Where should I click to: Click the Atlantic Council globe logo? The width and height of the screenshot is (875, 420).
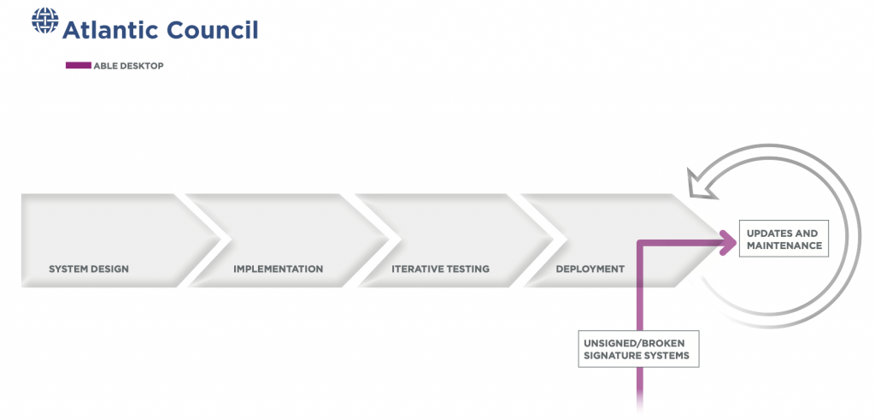click(x=45, y=21)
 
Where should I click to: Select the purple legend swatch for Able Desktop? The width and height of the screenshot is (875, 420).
click(x=78, y=65)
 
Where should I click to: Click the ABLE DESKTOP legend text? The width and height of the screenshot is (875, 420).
click(x=128, y=66)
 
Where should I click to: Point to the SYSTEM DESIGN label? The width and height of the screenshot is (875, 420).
click(x=89, y=269)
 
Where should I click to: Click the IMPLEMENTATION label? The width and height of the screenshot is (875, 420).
click(x=278, y=269)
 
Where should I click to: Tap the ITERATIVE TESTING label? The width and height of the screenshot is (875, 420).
click(x=440, y=269)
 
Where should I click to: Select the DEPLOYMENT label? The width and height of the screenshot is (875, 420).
click(x=590, y=269)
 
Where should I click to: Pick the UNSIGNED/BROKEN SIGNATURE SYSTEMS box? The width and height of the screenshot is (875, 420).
click(x=638, y=349)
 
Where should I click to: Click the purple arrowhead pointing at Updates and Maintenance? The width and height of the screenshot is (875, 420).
click(x=729, y=242)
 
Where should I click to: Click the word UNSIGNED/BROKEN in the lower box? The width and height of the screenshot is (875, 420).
click(x=634, y=343)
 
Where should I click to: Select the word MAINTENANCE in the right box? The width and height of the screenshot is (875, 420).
click(x=784, y=245)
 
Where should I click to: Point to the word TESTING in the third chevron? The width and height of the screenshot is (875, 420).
click(x=467, y=269)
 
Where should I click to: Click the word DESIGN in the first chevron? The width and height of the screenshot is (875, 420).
click(x=110, y=269)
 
